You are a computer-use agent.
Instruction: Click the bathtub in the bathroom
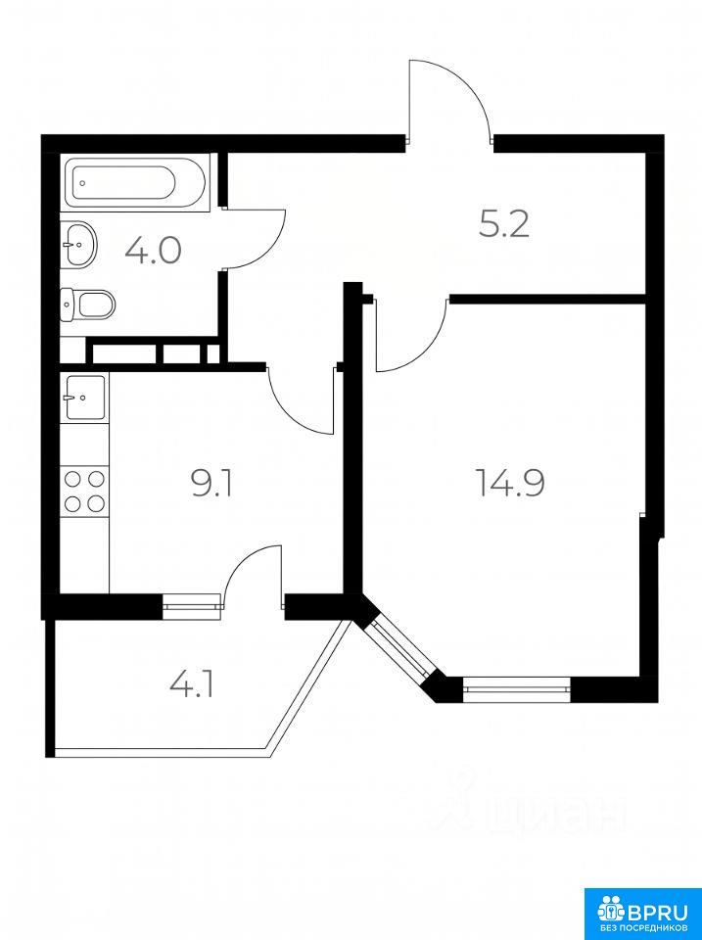pos(137,181)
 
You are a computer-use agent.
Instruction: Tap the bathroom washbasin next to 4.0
pos(78,244)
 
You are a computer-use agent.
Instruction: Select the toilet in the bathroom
pos(87,304)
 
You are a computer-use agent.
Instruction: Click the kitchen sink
pos(85,397)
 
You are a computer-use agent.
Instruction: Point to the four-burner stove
pos(84,491)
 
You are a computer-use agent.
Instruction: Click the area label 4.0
pos(153,251)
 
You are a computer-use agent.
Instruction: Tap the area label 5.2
pos(504,225)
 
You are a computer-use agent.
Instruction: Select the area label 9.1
pos(211,484)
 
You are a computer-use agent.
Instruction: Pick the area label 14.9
pos(510,483)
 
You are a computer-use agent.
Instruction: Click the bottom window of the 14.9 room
pos(516,689)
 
